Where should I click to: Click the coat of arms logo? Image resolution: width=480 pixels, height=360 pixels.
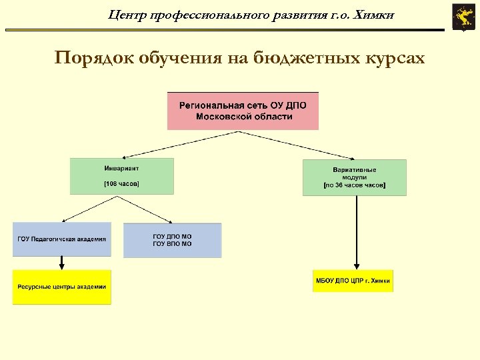462,17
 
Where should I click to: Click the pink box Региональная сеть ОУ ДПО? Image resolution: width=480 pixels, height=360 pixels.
243,111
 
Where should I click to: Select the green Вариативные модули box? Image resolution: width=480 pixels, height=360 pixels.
354,177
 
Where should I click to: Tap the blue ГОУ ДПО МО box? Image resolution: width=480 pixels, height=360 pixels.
172,240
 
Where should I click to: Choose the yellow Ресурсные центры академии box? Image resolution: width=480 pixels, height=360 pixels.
62,287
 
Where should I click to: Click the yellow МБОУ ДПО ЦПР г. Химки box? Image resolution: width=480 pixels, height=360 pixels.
353,281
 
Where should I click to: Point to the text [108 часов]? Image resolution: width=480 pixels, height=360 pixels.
122,183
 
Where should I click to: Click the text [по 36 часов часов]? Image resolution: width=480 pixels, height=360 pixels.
354,185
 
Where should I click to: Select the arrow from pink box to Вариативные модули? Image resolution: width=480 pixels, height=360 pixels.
300,145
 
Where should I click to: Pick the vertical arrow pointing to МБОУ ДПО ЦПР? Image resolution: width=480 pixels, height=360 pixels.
357,233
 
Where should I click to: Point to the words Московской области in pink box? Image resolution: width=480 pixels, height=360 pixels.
244,117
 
